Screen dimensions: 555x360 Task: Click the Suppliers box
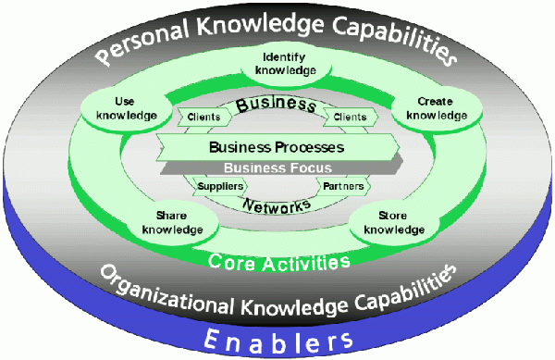[220, 186]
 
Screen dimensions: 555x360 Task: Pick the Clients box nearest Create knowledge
[350, 118]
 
